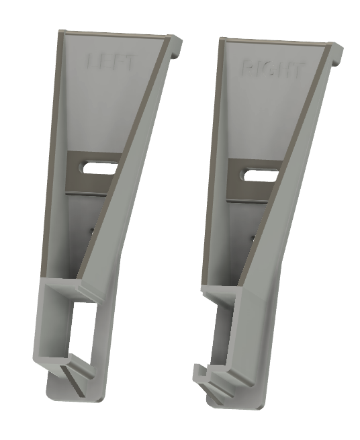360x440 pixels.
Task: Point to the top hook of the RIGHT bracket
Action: pos(337,56)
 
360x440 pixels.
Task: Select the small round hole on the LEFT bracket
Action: pos(93,230)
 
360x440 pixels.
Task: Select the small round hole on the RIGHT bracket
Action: pos(252,237)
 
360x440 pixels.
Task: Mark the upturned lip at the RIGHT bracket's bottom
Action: pos(199,371)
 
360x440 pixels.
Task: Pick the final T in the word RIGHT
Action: pos(298,71)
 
